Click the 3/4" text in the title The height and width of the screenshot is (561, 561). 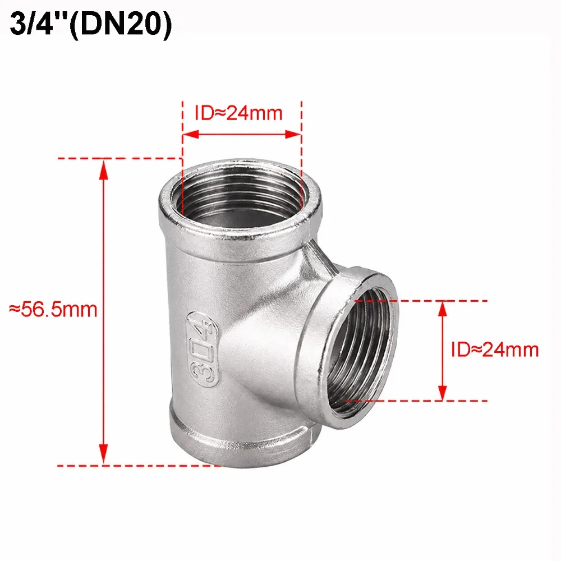tap(39, 25)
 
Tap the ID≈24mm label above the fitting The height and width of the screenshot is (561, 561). tap(238, 113)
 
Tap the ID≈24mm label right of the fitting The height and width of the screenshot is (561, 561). tap(495, 350)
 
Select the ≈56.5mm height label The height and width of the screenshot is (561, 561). tap(53, 310)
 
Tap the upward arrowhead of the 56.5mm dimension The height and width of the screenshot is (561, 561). tap(104, 169)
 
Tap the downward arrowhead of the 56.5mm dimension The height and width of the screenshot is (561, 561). tap(104, 454)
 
